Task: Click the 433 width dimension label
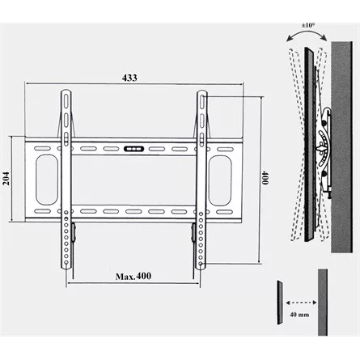[130, 78]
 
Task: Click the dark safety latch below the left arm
[72, 234]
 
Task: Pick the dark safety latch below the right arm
[193, 234]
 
